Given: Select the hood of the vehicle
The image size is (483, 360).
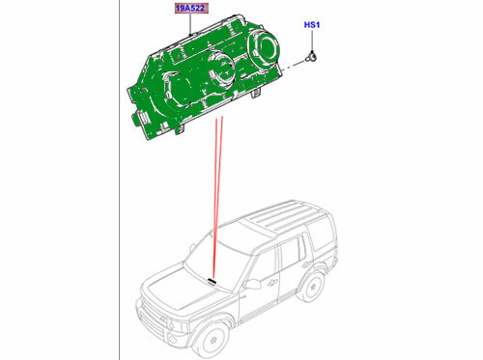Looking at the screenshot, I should pyautogui.click(x=174, y=285).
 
